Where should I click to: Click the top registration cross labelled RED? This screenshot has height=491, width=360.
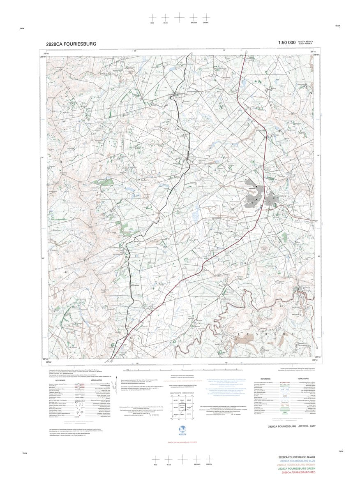(x=152, y=17)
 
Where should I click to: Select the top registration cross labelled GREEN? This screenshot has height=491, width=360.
(x=205, y=17)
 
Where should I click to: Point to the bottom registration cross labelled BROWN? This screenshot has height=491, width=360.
(x=196, y=459)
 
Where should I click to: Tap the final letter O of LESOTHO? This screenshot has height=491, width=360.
(x=293, y=334)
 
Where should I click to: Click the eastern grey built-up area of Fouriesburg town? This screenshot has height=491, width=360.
(x=271, y=200)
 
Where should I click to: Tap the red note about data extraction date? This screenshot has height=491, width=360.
(x=180, y=442)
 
